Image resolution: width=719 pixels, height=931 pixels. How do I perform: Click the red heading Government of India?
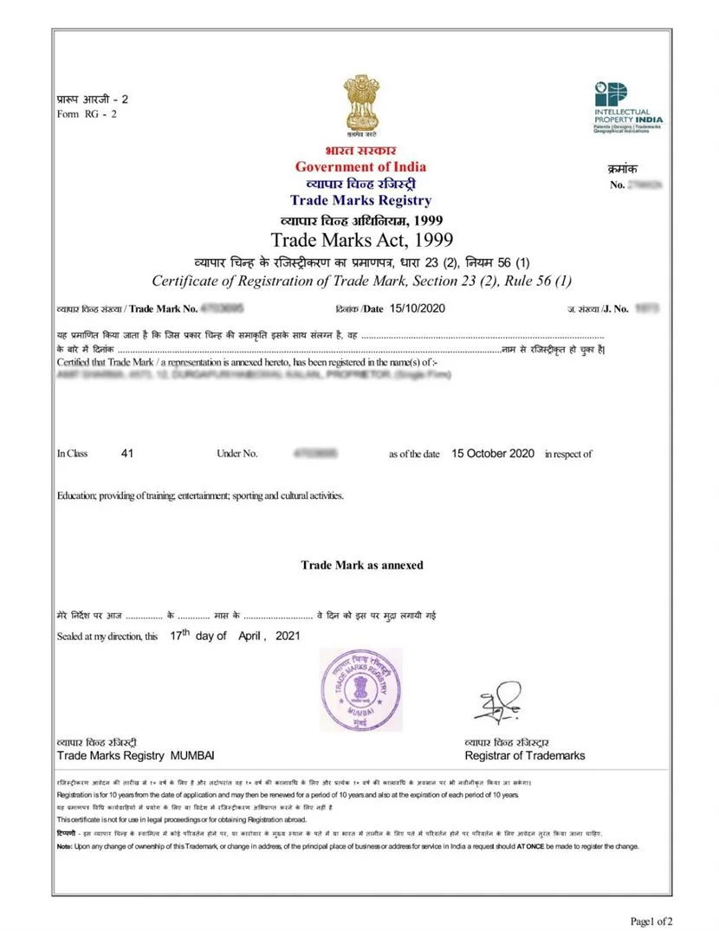coord(360,166)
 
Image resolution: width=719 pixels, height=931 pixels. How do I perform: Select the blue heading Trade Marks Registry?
coord(360,201)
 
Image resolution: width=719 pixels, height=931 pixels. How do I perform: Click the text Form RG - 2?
coord(86,113)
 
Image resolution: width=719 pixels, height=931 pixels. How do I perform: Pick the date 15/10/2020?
coord(418,307)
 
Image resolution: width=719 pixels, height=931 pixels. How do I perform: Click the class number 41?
coord(128,453)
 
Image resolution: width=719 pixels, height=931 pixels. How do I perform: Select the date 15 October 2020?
coord(493,453)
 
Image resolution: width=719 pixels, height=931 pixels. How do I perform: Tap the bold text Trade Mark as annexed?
coord(362,565)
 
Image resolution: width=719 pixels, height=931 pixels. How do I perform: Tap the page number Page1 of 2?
coord(651,920)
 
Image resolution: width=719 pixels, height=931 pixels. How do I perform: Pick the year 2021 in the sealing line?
coord(288,636)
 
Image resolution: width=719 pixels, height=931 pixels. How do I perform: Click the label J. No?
coord(615,308)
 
